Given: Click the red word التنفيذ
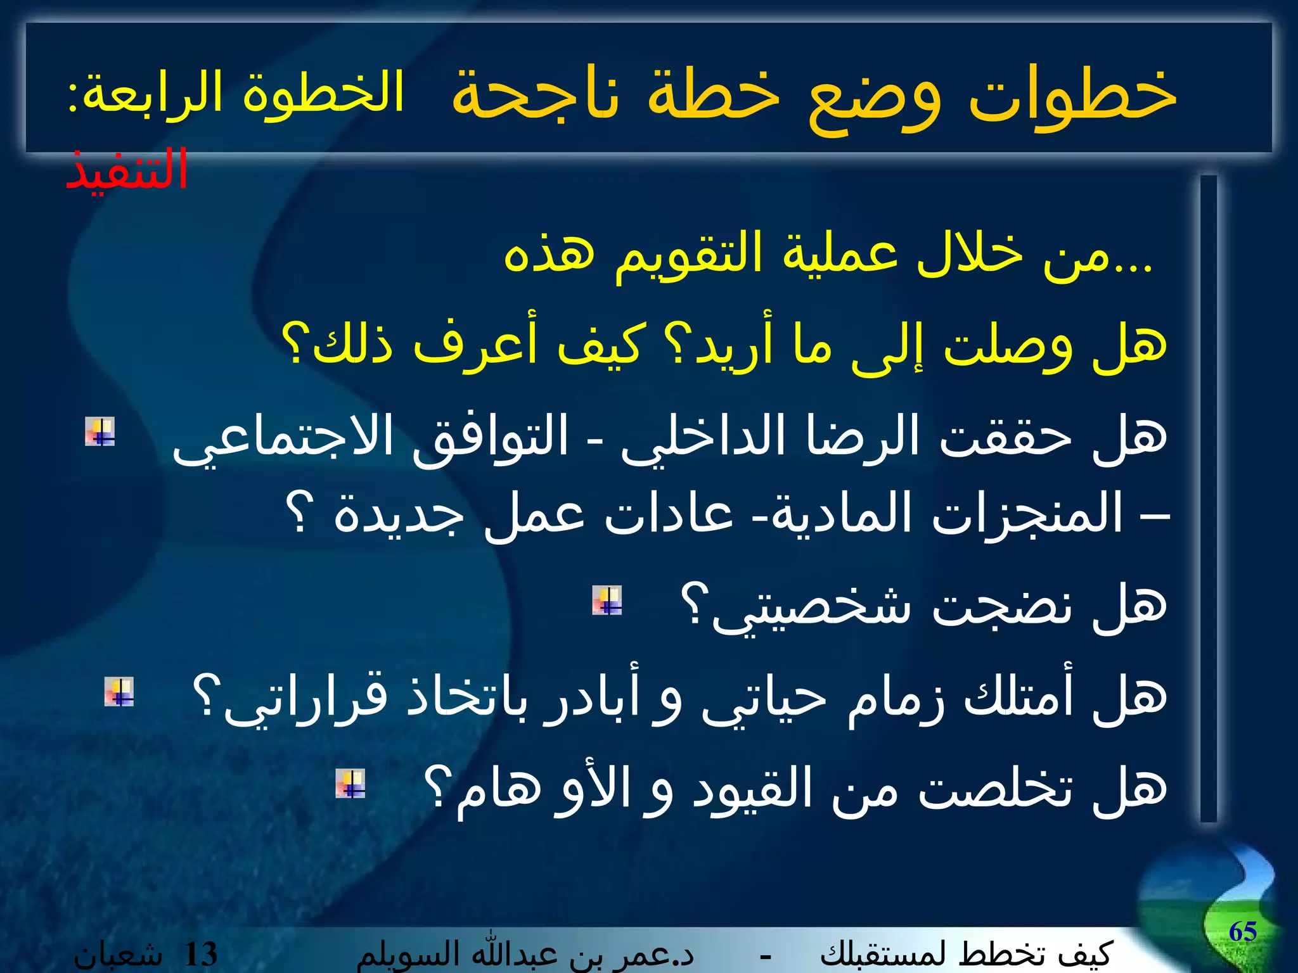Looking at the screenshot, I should point(127,170).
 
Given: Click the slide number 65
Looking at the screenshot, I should point(1242,931).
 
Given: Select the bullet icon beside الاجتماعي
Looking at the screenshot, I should point(100,432).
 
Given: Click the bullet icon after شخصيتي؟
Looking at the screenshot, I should point(607,601).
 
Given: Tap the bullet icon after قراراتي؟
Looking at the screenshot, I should point(119,692).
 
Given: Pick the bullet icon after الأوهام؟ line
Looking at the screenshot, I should point(350,784).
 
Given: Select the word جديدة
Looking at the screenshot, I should point(399,514).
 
